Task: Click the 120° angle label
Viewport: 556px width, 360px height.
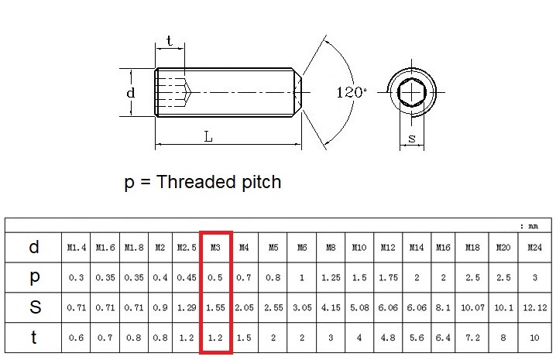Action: click(x=352, y=92)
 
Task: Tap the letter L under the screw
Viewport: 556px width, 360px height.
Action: click(x=208, y=136)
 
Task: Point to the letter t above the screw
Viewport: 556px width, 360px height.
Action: click(x=169, y=42)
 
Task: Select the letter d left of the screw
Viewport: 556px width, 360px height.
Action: click(x=131, y=93)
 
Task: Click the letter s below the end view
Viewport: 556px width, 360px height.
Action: click(x=411, y=139)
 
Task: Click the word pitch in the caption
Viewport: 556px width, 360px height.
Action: click(x=256, y=183)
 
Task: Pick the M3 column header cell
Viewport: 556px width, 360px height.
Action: click(x=216, y=248)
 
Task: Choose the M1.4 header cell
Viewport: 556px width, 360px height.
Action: click(x=76, y=248)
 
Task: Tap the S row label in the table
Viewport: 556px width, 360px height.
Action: click(x=34, y=307)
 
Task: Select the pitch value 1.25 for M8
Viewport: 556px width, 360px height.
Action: click(x=331, y=277)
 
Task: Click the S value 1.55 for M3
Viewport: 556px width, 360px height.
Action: click(x=216, y=307)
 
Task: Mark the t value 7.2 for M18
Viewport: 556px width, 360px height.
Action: click(x=472, y=338)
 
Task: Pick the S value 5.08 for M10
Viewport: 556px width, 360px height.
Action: click(x=359, y=307)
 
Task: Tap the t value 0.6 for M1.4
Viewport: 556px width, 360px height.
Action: click(x=76, y=338)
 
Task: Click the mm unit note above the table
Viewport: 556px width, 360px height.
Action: click(x=533, y=226)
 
